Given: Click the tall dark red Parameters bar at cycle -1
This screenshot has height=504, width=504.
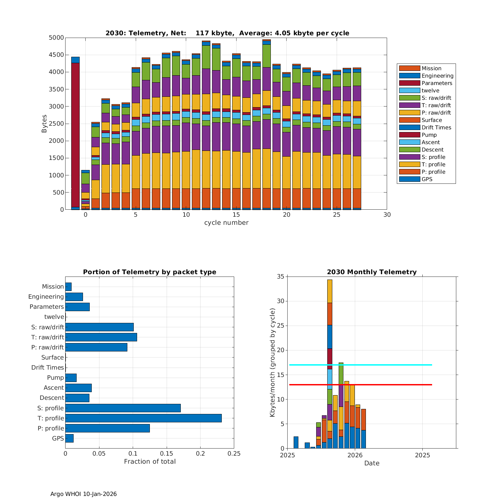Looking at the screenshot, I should coord(75,134).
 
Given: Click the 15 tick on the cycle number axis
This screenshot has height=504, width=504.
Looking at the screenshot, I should coord(236,215).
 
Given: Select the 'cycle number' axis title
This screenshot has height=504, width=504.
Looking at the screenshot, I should coord(226,222).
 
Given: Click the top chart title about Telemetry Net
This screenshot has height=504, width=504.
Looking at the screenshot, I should coord(227,33).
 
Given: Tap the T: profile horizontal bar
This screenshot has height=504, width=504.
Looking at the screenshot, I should coord(143,418).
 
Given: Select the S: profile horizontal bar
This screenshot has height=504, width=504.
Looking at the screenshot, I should coord(123,408).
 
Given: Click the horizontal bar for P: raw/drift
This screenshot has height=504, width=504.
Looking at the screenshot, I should coord(96,347).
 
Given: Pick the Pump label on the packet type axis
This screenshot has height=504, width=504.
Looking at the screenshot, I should coord(55,377).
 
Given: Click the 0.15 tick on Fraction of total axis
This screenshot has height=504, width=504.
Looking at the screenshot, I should coord(167,454).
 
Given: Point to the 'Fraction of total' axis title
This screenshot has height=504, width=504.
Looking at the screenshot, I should coord(150,461).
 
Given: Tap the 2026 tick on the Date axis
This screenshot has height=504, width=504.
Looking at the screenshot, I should coord(355,455).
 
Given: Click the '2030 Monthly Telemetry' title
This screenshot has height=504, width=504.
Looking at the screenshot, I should coord(372,272).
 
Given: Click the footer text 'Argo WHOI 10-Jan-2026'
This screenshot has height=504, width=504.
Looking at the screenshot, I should coord(83,494).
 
